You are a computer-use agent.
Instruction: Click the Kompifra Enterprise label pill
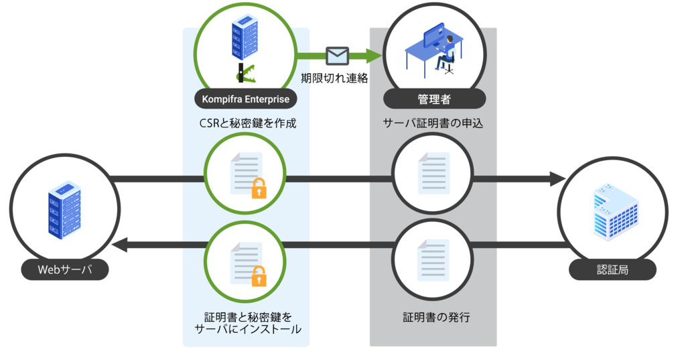click(246, 99)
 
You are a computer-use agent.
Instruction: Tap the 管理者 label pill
click(434, 99)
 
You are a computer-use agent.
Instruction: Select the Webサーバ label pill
click(64, 270)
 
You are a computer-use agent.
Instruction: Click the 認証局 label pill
click(612, 270)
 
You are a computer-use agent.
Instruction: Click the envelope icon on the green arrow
click(337, 56)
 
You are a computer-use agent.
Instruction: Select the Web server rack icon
click(64, 210)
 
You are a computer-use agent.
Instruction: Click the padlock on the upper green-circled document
click(259, 190)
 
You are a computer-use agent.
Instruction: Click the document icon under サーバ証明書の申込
click(433, 172)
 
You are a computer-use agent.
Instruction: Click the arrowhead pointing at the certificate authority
click(557, 179)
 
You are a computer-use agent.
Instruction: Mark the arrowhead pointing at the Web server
click(119, 246)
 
